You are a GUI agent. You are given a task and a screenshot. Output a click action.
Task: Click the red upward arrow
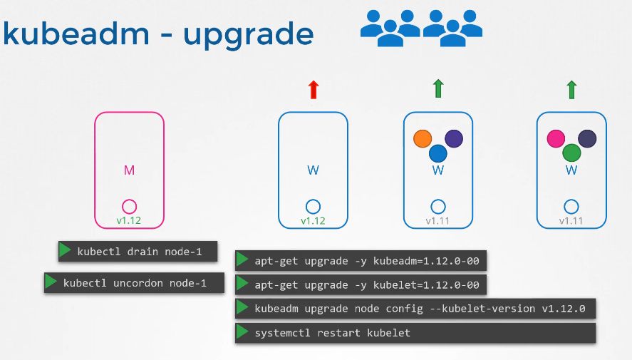(x=314, y=90)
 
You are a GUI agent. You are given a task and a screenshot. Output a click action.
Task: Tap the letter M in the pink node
(x=129, y=170)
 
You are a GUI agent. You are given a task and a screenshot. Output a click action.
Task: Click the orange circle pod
(x=423, y=139)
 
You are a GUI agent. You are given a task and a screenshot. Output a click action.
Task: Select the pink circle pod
(x=556, y=139)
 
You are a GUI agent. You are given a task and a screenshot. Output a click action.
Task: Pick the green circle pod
(x=571, y=153)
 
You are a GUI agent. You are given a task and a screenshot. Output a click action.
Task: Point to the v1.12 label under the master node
(x=128, y=220)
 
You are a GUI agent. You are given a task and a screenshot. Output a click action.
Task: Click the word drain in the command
(x=143, y=252)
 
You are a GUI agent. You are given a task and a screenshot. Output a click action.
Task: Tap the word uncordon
(x=138, y=283)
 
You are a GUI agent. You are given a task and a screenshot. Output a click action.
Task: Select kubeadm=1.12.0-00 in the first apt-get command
(x=426, y=261)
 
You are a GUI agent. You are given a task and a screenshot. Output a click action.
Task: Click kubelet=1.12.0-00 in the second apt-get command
(x=426, y=285)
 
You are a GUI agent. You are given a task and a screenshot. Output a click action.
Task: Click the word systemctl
(x=282, y=333)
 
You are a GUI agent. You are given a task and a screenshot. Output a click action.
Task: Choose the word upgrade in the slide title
(x=248, y=36)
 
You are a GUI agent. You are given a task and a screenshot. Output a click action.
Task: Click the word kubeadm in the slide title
(x=76, y=33)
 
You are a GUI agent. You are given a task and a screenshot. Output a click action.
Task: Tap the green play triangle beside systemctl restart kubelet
(x=242, y=331)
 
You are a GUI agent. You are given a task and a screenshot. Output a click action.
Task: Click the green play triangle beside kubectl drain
(x=65, y=250)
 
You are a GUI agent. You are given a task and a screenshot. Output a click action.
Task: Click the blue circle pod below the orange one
(x=438, y=153)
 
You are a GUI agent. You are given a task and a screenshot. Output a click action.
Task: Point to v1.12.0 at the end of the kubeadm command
(x=564, y=309)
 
